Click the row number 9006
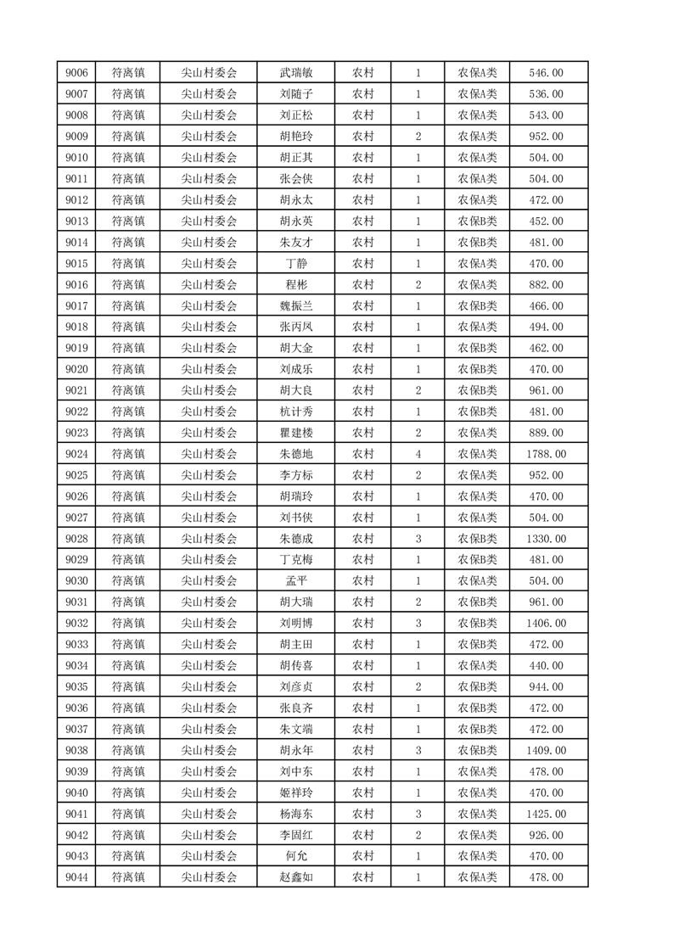[77, 73]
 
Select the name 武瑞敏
[296, 73]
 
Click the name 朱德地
[296, 454]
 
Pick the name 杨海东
[296, 814]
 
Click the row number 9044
[77, 877]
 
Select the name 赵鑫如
[296, 877]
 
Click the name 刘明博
[296, 624]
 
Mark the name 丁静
[296, 264]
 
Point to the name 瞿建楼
[296, 433]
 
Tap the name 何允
[296, 856]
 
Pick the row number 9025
[77, 475]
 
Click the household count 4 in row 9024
[418, 454]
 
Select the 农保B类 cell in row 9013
[478, 221]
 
